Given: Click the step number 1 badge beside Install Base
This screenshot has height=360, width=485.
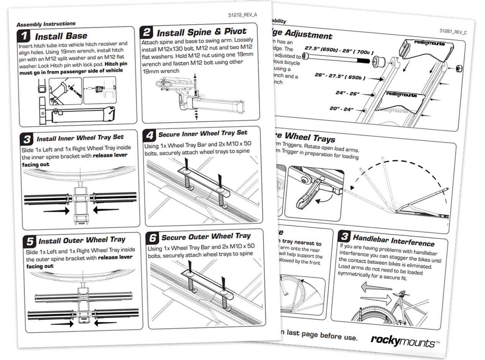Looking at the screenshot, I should (x=24, y=36).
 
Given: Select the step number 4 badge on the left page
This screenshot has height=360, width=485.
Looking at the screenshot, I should (x=149, y=135).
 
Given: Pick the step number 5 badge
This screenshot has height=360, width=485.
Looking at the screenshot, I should (x=29, y=242).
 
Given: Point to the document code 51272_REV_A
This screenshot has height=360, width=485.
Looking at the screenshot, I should (x=242, y=15).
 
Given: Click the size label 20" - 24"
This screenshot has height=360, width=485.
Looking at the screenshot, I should (x=341, y=108).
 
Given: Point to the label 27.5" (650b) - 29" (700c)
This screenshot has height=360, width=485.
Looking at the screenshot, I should (x=339, y=50).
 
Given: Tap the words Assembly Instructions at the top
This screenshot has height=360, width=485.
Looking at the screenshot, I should (x=46, y=24).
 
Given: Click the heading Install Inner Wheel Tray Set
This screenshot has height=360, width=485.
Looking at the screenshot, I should (x=80, y=138).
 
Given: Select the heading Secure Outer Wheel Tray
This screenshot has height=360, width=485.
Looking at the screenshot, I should (x=206, y=237).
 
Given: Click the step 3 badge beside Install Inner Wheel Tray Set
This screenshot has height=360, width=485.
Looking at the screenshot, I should (x=28, y=139).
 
